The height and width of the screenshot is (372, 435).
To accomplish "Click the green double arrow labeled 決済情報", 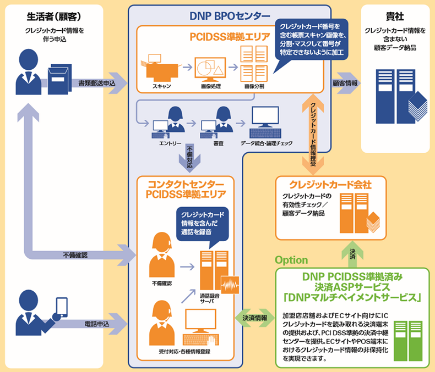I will coord(254,318).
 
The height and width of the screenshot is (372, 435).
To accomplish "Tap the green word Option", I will coord(291,260).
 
